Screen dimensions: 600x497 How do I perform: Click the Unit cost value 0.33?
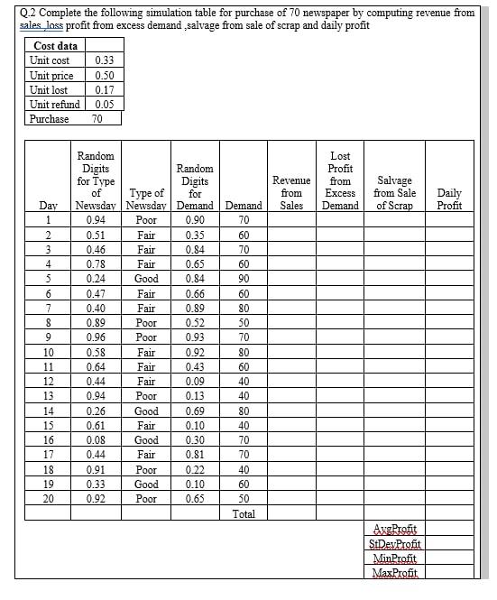(x=105, y=60)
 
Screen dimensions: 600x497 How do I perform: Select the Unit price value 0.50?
(x=105, y=75)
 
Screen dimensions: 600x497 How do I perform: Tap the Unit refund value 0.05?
(x=105, y=104)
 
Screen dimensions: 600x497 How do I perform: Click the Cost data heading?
(x=55, y=46)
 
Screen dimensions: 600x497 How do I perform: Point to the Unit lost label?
(x=49, y=89)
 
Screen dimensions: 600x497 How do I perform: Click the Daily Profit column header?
(x=448, y=198)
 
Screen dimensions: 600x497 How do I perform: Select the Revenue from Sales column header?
(x=290, y=193)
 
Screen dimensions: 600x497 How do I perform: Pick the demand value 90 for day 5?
(x=244, y=279)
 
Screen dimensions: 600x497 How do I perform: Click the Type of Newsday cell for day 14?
(x=146, y=411)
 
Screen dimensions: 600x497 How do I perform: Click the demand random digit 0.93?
(x=194, y=337)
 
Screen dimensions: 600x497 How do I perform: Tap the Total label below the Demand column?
(x=244, y=514)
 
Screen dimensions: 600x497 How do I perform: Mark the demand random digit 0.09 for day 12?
(x=194, y=382)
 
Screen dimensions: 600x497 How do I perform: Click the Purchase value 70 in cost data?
(x=97, y=118)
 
